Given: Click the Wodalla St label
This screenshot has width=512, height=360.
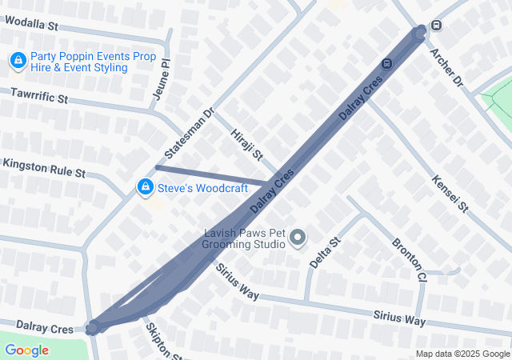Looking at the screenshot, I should click(31, 26).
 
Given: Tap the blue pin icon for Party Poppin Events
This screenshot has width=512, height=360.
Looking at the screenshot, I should click(18, 60).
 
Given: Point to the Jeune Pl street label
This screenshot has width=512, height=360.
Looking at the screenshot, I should click(161, 83).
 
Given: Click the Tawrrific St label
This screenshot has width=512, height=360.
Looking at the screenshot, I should click(39, 98).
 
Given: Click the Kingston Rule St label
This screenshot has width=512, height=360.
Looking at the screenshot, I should click(44, 167).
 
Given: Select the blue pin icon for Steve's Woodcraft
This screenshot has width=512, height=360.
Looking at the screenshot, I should click(145, 187).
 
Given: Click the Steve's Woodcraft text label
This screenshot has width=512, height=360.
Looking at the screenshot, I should click(202, 189).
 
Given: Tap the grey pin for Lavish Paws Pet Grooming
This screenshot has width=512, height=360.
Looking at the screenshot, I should click(298, 237).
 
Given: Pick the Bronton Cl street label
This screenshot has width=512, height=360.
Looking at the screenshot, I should click(409, 259).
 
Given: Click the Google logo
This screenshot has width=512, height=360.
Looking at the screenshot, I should click(26, 350).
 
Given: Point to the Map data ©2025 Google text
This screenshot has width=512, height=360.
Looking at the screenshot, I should click(462, 354).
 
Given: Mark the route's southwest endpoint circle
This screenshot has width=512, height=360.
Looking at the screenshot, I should click(93, 327).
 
